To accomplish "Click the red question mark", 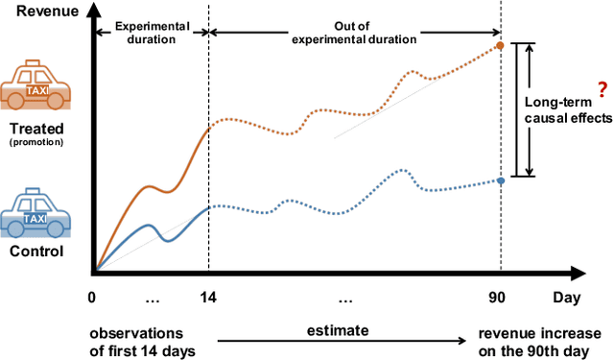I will (602, 88).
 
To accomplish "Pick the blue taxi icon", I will (35, 216).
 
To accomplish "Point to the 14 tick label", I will (208, 299).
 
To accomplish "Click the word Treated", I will (35, 128).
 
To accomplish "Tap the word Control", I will (35, 252).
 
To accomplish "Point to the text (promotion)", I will (35, 142).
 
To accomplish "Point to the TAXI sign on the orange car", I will (35, 90).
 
